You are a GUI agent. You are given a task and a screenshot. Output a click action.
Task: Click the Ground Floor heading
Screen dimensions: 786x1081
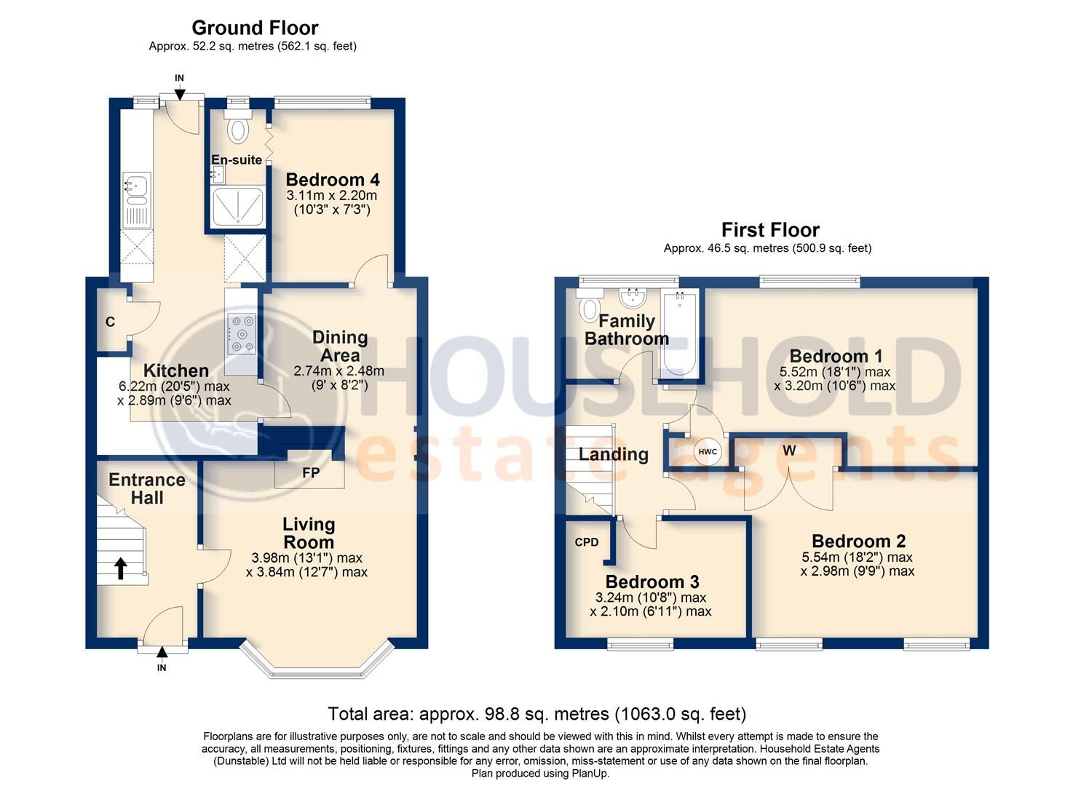255,28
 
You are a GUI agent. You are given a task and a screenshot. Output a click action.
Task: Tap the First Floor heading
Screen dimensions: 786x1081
770,230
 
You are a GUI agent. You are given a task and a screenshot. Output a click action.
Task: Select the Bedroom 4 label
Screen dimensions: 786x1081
332,180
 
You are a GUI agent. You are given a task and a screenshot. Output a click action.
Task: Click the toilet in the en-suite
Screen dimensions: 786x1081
237,130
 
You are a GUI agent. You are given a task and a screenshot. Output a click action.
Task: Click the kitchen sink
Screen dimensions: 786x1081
135,188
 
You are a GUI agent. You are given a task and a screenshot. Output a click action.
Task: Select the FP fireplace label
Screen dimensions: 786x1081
311,473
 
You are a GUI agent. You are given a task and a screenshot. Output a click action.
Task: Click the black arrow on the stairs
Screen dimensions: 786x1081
121,568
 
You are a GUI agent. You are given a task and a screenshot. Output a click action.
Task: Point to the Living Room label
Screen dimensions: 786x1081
309,533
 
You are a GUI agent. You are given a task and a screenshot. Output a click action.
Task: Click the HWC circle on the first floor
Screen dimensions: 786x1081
708,452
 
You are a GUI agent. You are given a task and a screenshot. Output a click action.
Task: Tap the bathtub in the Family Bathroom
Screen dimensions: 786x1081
680,335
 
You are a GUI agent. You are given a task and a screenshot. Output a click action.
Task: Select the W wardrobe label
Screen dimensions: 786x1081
789,450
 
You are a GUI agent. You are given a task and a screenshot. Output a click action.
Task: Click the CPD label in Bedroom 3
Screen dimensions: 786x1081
587,542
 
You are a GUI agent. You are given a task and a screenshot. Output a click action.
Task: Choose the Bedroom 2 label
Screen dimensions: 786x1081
858,541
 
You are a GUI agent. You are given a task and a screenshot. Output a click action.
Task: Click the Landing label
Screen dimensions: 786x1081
613,455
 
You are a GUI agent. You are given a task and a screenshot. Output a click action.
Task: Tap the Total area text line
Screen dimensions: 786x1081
536,714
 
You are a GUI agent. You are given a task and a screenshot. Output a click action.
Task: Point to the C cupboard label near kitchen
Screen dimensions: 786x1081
110,322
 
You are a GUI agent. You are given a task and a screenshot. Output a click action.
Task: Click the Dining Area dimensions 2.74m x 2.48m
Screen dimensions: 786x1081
338,371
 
